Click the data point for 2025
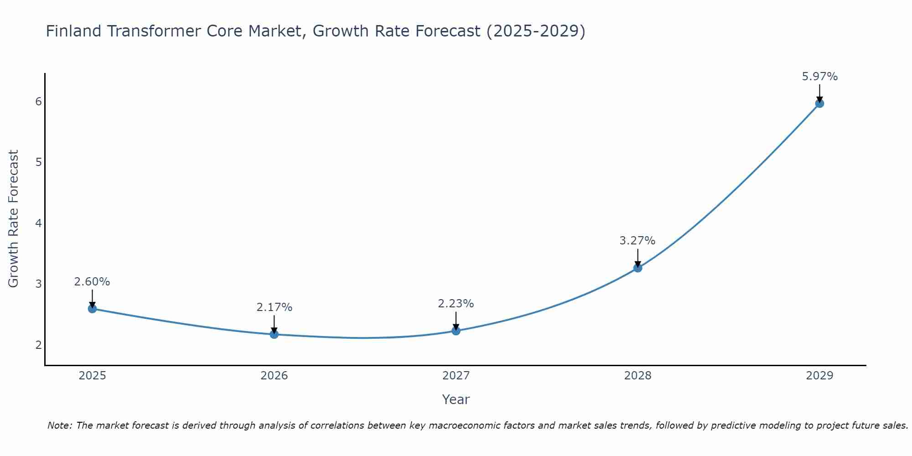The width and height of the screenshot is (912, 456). pos(92,309)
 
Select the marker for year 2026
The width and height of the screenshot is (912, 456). pos(274,334)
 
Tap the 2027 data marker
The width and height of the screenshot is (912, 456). pos(456,331)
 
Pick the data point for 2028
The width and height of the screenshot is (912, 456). pos(637,268)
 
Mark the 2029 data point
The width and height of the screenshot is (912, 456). pos(819,104)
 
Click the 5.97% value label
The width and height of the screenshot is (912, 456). pos(819,77)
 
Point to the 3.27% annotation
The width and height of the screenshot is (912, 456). pos(637,241)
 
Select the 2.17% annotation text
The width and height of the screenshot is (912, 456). pos(274,307)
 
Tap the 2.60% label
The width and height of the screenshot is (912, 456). pos(92,282)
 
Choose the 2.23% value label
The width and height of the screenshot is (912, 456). pos(456,304)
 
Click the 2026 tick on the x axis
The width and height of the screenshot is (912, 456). pos(274,376)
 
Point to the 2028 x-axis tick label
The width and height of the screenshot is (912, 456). pos(637,376)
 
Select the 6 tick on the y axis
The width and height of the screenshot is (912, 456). pos(38,101)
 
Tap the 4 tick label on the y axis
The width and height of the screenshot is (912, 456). pos(38,223)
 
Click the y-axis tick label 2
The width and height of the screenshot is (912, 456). pos(38,345)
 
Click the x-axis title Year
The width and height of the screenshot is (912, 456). pos(456,399)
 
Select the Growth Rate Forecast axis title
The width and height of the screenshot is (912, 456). pos(14,219)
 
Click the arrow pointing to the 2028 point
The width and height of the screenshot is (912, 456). pos(637,258)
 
